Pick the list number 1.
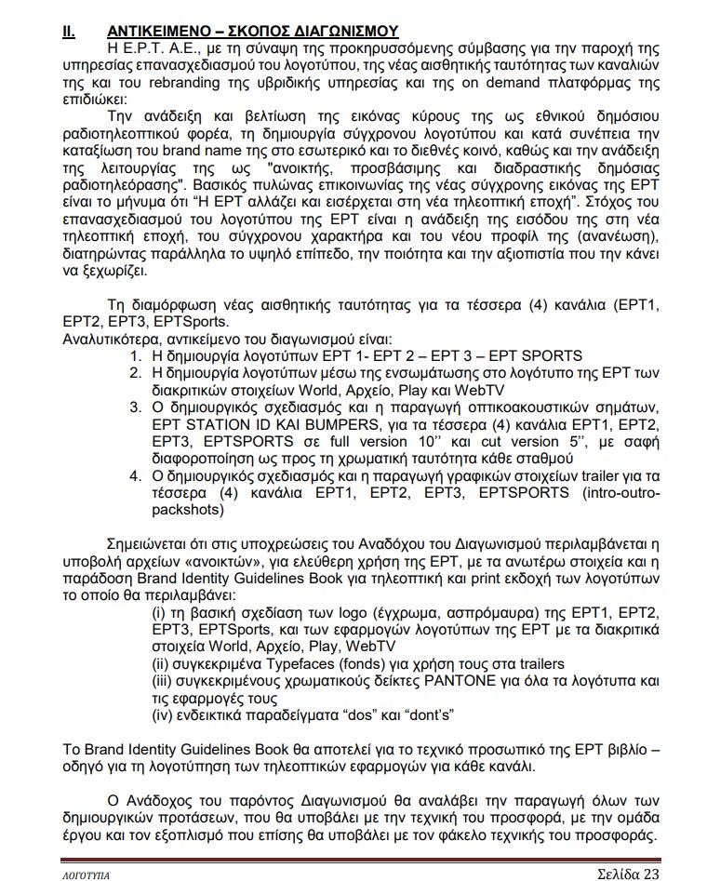[135, 356]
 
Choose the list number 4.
[135, 475]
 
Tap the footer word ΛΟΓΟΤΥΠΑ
[80, 874]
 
